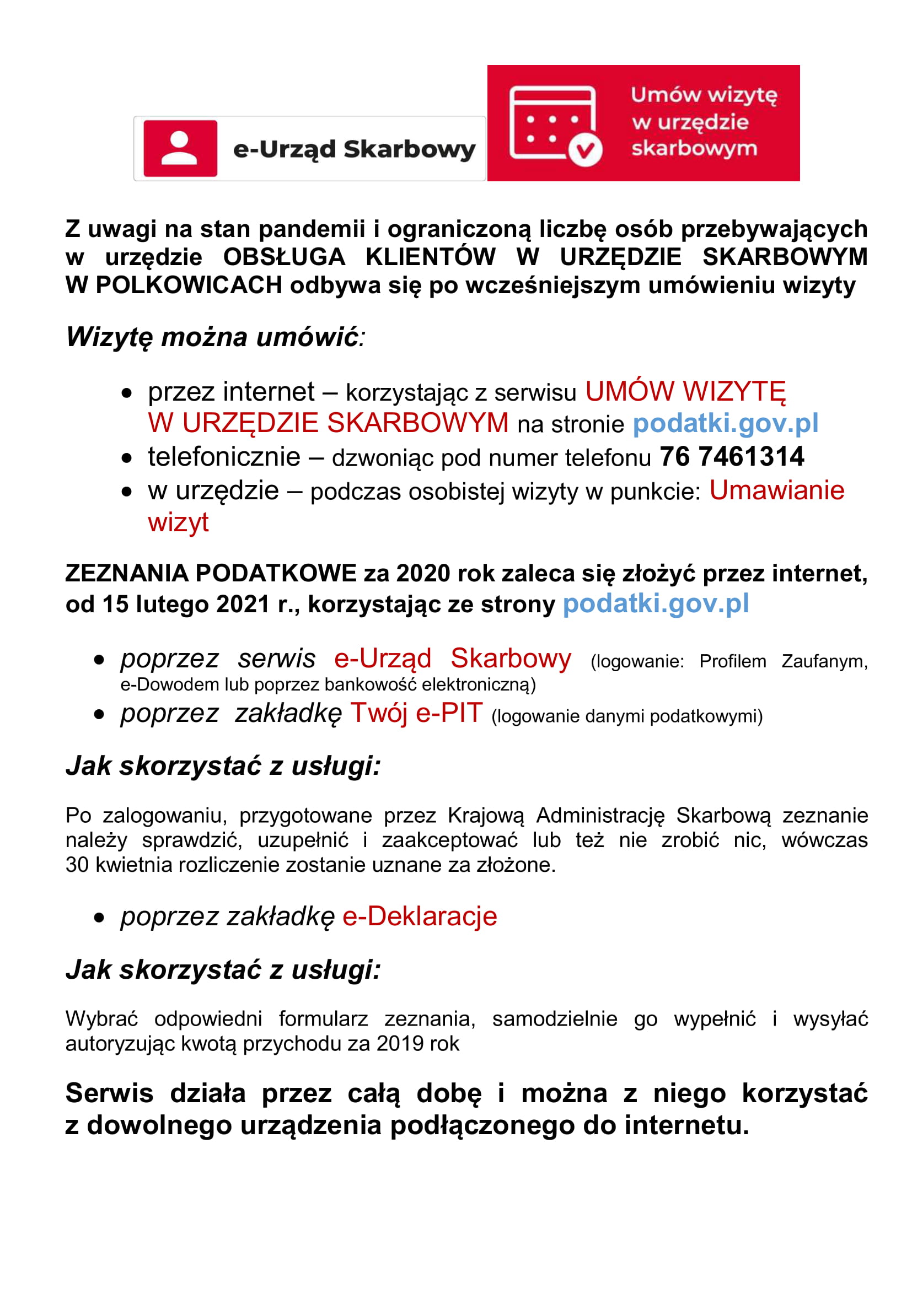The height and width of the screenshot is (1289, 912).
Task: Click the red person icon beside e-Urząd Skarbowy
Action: click(180, 149)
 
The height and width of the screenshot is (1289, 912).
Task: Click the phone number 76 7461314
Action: click(732, 456)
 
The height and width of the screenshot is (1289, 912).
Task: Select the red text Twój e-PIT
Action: click(416, 714)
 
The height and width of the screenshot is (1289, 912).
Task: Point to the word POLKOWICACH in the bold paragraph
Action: click(174, 285)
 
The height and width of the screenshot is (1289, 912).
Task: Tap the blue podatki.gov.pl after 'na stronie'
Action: click(726, 423)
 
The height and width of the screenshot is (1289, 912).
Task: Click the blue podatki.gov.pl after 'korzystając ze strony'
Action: click(656, 604)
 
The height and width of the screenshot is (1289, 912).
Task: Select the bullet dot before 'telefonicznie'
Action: click(127, 458)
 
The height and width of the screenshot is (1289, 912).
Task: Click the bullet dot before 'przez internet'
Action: click(127, 393)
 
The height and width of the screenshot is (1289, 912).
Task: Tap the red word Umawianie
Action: click(777, 490)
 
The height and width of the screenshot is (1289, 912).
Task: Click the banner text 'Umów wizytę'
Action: click(704, 95)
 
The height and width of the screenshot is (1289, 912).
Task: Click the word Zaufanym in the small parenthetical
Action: click(824, 661)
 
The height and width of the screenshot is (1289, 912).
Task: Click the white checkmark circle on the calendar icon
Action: click(585, 150)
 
